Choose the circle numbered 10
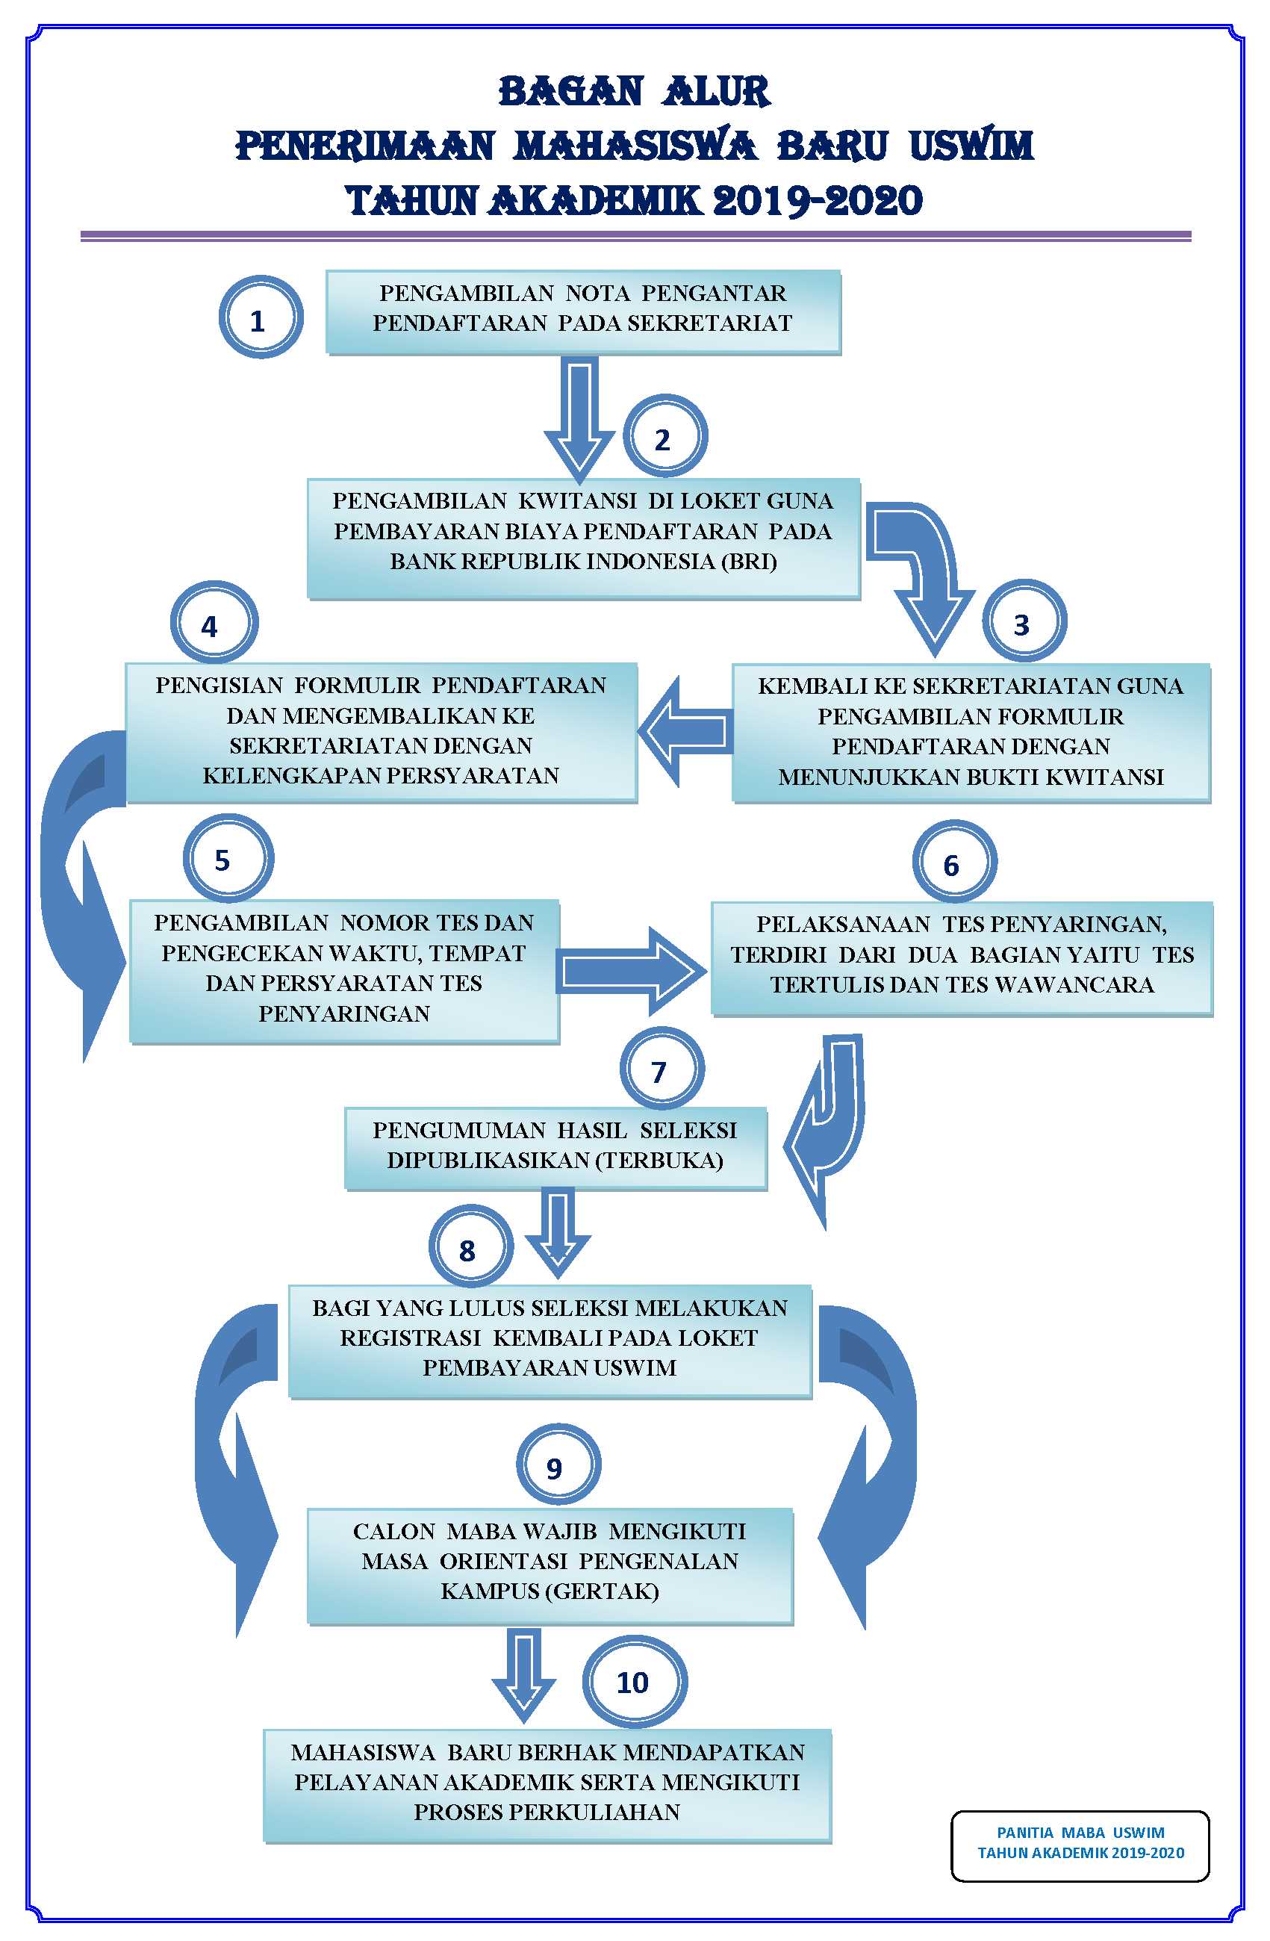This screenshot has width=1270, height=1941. point(633,1681)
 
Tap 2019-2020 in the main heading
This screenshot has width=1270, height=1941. point(817,201)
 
